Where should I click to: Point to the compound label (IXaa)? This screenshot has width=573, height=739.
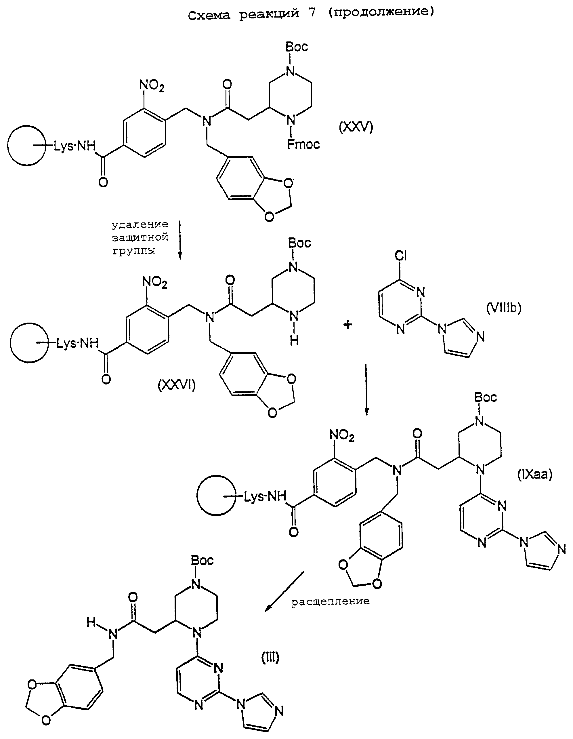click(534, 475)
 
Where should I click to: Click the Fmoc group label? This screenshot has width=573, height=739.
click(303, 144)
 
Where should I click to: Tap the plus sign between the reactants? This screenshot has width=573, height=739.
click(348, 325)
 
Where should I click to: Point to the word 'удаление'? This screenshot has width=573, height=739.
click(140, 224)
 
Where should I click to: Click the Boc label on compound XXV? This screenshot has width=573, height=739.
click(297, 47)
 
